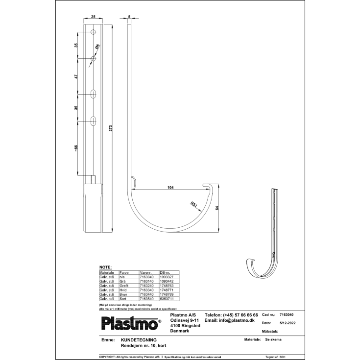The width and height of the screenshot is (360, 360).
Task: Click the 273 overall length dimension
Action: (x=111, y=128)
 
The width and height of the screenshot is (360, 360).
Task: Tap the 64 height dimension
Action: (x=216, y=208)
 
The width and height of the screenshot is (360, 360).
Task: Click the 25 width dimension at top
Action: (x=93, y=17)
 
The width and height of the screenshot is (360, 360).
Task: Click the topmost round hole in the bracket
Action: (x=93, y=32)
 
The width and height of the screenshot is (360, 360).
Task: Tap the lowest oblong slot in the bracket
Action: (x=93, y=119)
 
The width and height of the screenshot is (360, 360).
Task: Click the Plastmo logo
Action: (x=131, y=323)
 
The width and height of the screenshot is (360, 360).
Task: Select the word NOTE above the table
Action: (x=105, y=267)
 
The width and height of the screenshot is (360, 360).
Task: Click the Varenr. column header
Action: (x=145, y=272)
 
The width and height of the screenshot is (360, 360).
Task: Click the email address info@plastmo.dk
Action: (x=229, y=320)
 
